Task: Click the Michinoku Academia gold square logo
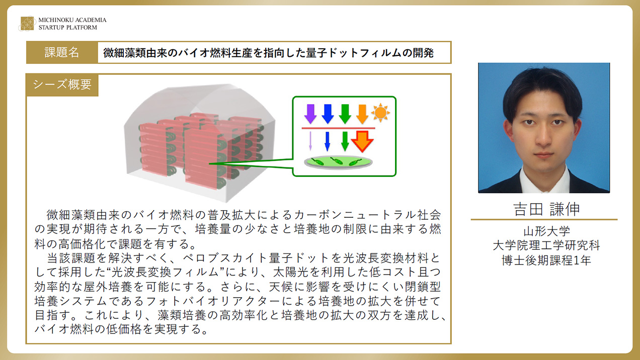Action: tap(28, 24)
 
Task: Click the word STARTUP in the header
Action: tap(50, 28)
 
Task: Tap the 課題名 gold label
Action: tap(62, 52)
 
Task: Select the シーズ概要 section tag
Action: tap(62, 84)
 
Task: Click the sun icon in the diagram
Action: tap(380, 113)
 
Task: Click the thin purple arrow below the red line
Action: tap(310, 141)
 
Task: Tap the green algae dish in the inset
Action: tap(338, 162)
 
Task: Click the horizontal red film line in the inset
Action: tap(338, 128)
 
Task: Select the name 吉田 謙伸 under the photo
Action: tap(546, 209)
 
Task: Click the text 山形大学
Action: tap(546, 231)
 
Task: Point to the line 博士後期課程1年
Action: tap(546, 260)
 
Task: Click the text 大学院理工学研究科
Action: tap(546, 245)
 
